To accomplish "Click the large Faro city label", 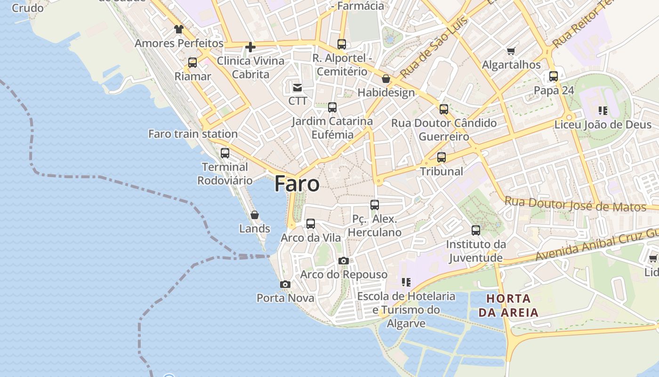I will click(x=297, y=183).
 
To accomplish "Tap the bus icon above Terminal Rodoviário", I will click(x=225, y=153).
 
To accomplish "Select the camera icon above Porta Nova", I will click(x=285, y=284).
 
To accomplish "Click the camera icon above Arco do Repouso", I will click(x=344, y=261).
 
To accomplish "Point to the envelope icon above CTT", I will click(x=297, y=87).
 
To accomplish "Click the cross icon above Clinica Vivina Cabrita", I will click(x=250, y=47).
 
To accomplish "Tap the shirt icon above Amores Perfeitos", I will click(x=178, y=29).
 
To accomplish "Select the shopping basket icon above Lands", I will click(x=255, y=215).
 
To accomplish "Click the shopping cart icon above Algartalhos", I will click(x=511, y=51).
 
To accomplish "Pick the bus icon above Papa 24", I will click(x=554, y=76).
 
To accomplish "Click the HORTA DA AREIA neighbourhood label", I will click(x=508, y=305).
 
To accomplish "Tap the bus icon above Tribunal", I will click(x=441, y=157).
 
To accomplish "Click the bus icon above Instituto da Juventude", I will click(x=476, y=230).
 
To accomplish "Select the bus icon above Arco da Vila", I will click(x=311, y=224).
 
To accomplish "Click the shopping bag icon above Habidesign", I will click(x=386, y=79).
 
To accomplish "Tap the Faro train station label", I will click(x=193, y=134).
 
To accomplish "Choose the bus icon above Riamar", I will click(x=192, y=63).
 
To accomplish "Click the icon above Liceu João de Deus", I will click(x=603, y=111).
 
